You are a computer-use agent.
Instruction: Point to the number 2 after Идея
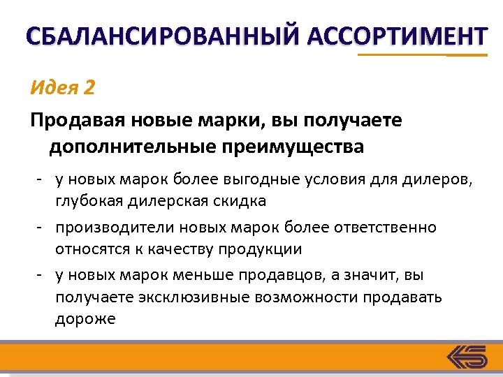[x=88, y=89]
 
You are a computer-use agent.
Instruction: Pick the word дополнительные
[x=130, y=147]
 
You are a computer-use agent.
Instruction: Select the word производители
[x=115, y=228]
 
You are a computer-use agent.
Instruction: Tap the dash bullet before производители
[x=42, y=228]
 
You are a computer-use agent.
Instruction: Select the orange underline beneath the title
[x=422, y=54]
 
